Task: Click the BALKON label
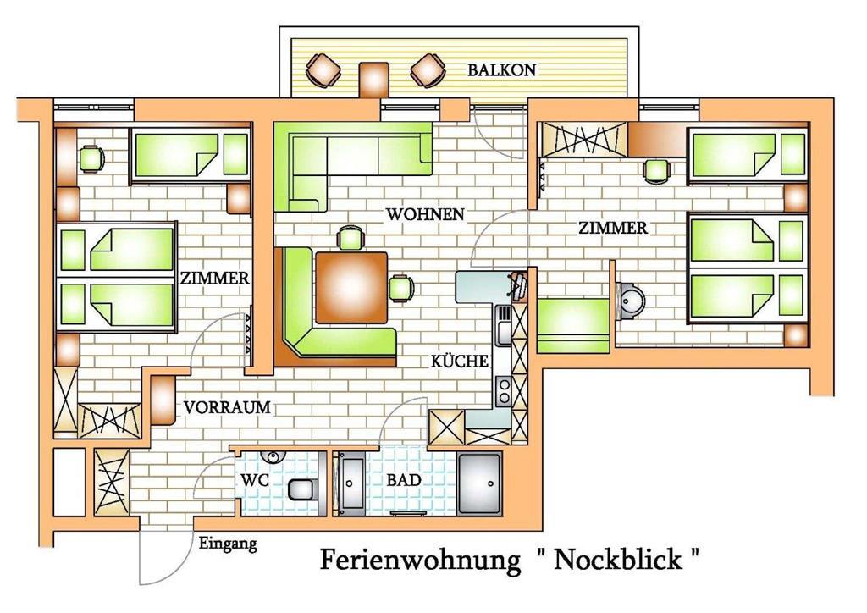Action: (x=501, y=69)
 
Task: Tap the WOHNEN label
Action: (x=425, y=214)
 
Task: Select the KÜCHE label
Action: (x=460, y=361)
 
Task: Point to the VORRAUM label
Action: (x=227, y=407)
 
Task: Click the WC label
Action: (x=254, y=480)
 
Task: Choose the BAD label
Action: (x=404, y=480)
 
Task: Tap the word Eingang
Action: (x=228, y=544)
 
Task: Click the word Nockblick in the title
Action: (x=617, y=560)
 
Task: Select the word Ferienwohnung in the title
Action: (x=420, y=560)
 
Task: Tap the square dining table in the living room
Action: (x=351, y=287)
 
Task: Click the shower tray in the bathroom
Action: (x=479, y=484)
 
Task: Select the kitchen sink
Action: (x=505, y=326)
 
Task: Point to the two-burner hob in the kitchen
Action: (x=504, y=391)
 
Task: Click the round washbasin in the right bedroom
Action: (x=632, y=300)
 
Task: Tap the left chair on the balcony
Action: (x=323, y=69)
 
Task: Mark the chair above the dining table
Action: (x=351, y=238)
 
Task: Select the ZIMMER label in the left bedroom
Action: (x=214, y=278)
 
